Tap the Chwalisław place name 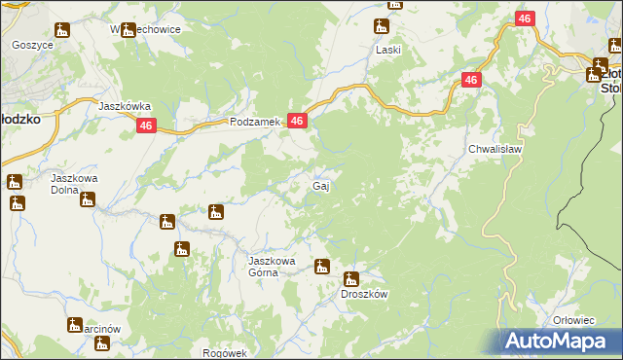pos(496,150)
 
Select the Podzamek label pos(255,122)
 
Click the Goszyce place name pos(31,45)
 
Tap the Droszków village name pos(364,294)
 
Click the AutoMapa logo pos(561,341)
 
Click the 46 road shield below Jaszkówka pos(146,126)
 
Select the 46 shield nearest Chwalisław pos(470,81)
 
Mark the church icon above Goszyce pos(62,30)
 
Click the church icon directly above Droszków pos(351,278)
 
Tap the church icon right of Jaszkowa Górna pos(321,266)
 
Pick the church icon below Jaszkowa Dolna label pos(88,200)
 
